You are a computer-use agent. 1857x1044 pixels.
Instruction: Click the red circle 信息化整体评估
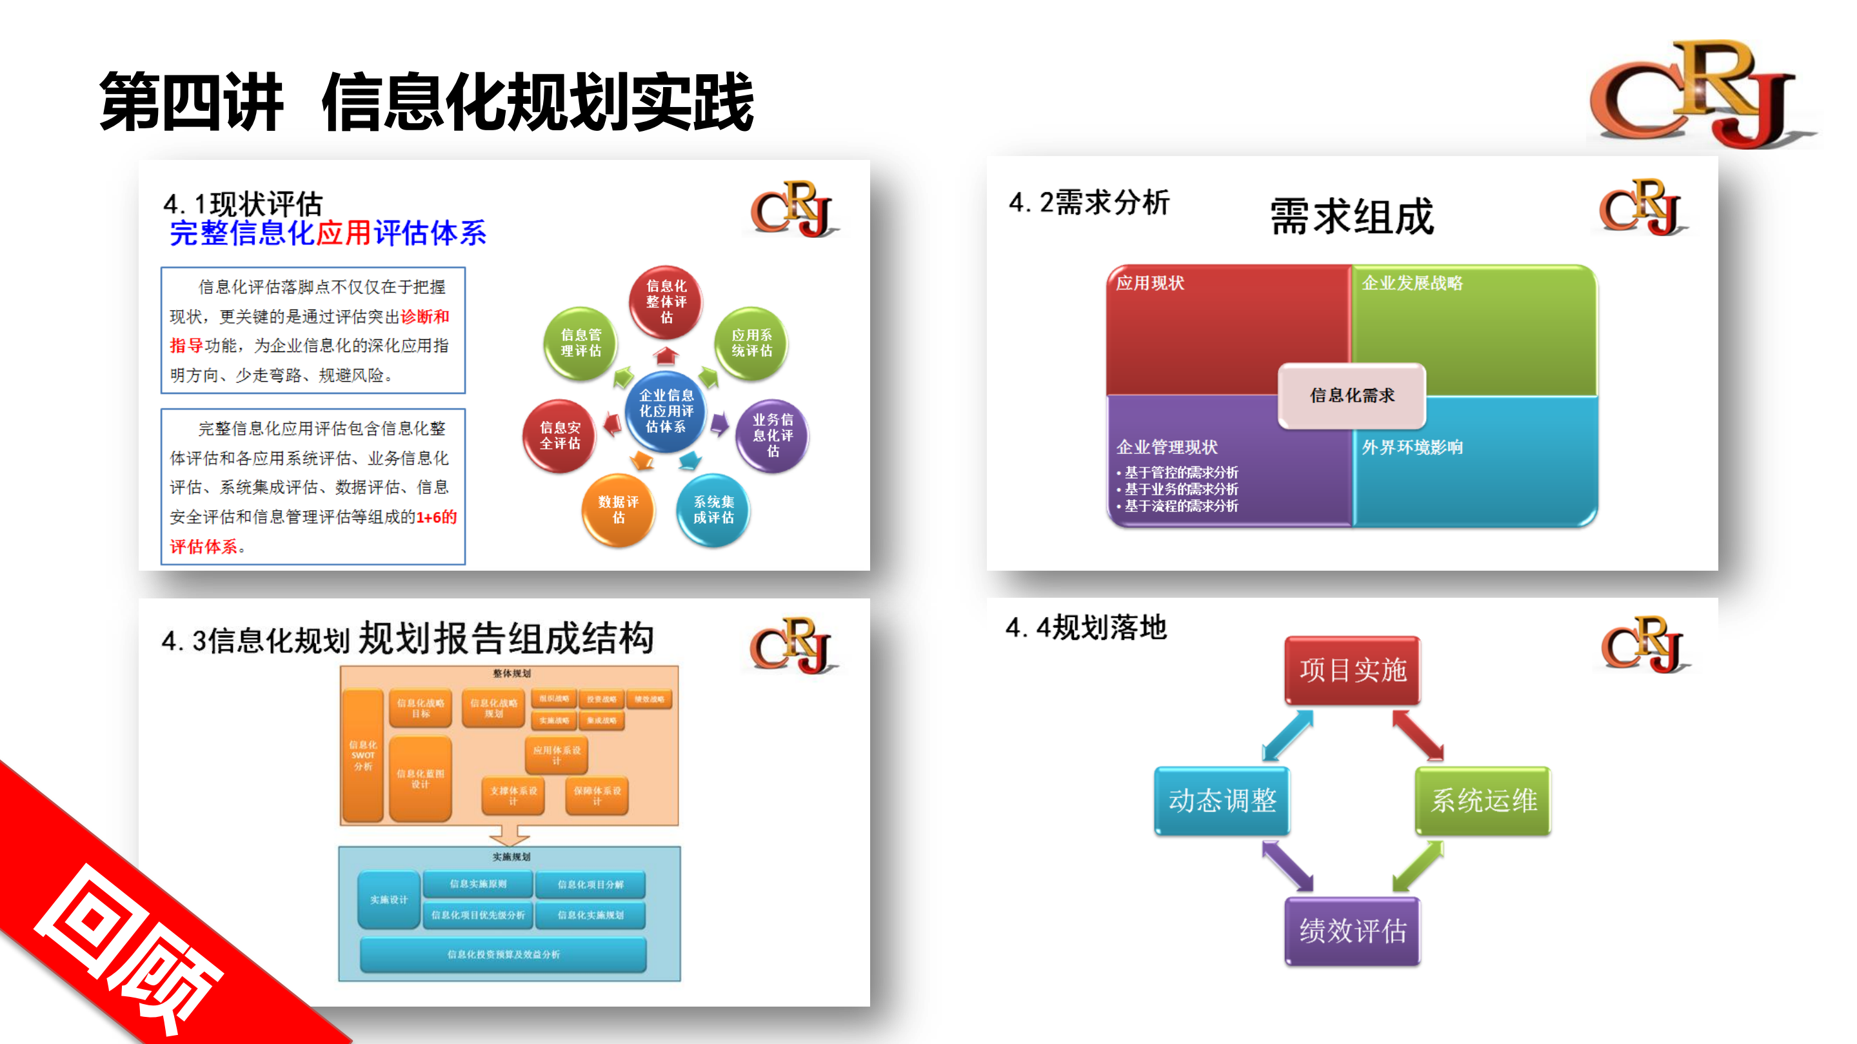tap(666, 302)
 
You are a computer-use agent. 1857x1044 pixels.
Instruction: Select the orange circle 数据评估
tap(618, 509)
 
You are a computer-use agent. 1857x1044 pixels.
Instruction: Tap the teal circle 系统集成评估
tap(713, 509)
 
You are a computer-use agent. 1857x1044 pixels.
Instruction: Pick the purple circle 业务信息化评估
tap(772, 435)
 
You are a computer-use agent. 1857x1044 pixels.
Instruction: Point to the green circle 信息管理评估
tap(581, 343)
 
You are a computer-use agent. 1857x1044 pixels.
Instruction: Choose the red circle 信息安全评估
tap(559, 435)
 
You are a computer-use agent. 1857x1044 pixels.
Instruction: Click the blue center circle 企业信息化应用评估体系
tap(666, 411)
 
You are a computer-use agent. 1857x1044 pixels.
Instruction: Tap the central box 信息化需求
tap(1352, 395)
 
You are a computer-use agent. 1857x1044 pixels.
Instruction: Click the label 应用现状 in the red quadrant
tap(1150, 283)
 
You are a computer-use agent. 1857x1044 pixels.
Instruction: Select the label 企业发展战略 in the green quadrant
tap(1411, 283)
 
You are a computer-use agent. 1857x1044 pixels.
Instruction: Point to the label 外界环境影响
tap(1411, 448)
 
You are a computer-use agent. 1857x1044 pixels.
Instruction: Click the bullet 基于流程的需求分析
tap(1180, 506)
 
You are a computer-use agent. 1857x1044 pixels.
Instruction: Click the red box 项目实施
tap(1353, 670)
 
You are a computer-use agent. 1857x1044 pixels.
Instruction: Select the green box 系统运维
tap(1483, 800)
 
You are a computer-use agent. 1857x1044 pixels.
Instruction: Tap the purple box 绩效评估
tap(1353, 931)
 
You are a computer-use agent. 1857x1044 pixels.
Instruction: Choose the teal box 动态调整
tap(1222, 800)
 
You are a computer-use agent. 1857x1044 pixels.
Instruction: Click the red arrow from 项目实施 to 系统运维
tap(1417, 735)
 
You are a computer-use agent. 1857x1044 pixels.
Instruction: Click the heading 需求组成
tap(1352, 216)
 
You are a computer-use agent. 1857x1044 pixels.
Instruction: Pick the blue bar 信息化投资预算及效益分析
tap(503, 954)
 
